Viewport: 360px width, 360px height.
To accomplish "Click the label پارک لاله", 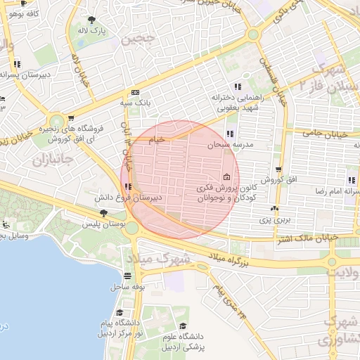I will coord(92,32).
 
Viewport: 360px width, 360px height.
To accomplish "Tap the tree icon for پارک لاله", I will coord(92,20).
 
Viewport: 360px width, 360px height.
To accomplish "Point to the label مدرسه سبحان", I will coord(229,144).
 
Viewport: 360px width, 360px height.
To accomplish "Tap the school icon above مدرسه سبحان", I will coord(229,134).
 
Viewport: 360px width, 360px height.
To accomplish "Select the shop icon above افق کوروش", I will coord(279,169).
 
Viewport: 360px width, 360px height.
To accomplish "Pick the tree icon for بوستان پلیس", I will coord(104,212).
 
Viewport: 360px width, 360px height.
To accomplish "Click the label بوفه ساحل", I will coord(127,287).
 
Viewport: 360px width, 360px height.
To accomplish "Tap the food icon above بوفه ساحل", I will coord(127,276).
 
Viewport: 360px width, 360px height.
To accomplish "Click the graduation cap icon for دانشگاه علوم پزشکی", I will coord(184,326).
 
